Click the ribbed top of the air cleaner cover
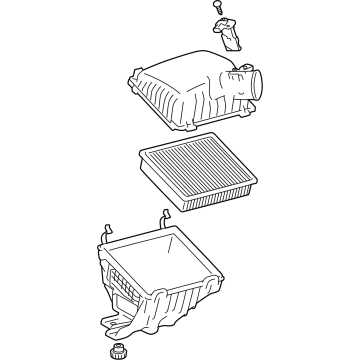pos(180,70)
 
